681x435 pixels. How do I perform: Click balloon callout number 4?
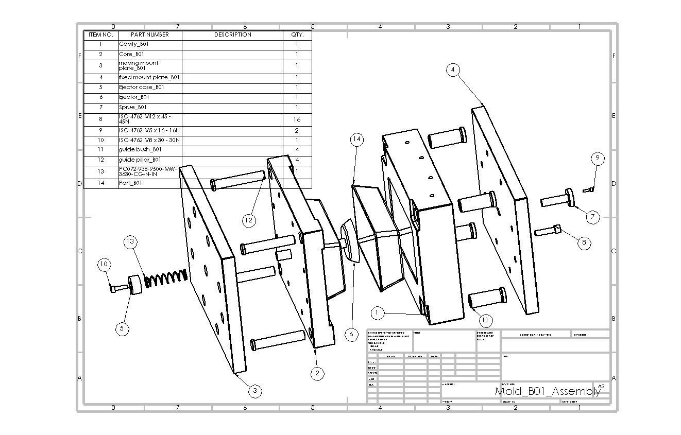(453, 69)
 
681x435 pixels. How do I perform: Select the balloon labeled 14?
(356, 140)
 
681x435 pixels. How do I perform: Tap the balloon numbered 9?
(597, 158)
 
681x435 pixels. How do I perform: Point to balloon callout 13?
(130, 241)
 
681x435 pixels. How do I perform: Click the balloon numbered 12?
(249, 220)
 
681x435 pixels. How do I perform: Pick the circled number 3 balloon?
(255, 391)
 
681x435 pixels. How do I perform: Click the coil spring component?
(164, 279)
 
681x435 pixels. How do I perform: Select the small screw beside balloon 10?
(118, 288)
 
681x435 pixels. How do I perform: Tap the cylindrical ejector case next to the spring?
(135, 285)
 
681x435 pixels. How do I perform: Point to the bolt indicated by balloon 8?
(548, 231)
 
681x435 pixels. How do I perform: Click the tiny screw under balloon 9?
(588, 190)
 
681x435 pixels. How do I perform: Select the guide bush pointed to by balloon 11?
(486, 297)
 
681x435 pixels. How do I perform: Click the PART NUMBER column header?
(150, 34)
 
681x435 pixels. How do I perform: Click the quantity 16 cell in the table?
(297, 119)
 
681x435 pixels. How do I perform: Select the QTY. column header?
(297, 34)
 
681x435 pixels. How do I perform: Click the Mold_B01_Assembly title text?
(547, 391)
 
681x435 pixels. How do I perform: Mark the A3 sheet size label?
(601, 386)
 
